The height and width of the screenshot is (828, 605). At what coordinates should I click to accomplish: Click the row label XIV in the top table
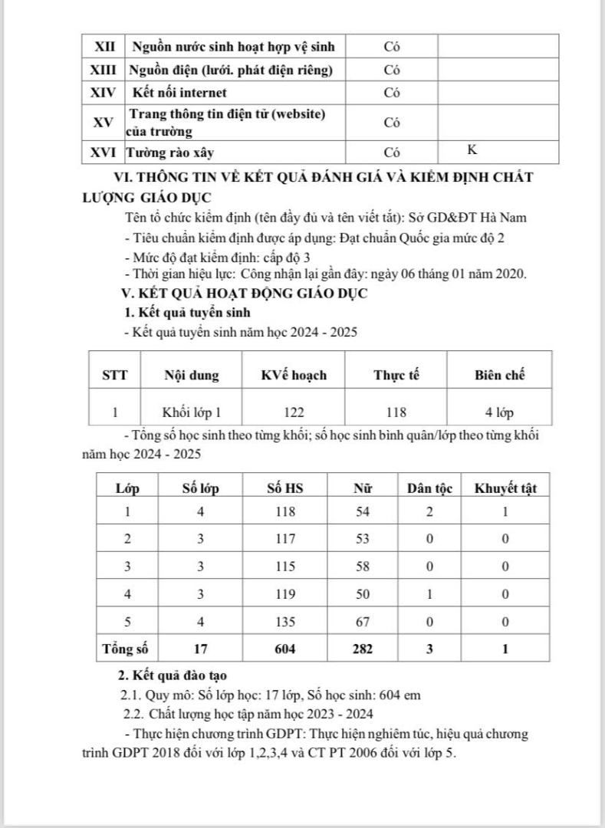click(104, 93)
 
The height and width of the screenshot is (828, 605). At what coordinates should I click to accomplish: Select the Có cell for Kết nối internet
click(393, 93)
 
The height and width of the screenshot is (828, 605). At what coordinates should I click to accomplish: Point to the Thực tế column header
click(396, 375)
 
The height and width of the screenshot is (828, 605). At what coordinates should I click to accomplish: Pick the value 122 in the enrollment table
click(294, 412)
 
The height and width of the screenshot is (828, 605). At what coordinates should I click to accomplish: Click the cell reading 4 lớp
click(498, 412)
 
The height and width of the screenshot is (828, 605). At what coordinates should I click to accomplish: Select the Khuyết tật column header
click(505, 488)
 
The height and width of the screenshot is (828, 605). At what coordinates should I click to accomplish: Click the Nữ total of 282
click(363, 648)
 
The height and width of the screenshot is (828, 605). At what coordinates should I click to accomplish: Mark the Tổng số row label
click(125, 648)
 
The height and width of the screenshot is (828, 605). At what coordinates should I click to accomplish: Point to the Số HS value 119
click(284, 593)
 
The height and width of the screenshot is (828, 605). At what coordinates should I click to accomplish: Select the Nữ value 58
click(363, 566)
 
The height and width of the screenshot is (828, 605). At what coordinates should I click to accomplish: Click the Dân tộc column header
click(429, 488)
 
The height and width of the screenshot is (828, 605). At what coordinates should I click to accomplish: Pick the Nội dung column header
click(191, 375)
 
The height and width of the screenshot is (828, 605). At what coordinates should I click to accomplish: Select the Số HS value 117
click(284, 539)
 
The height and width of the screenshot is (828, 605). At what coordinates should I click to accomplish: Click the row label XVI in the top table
click(104, 152)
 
